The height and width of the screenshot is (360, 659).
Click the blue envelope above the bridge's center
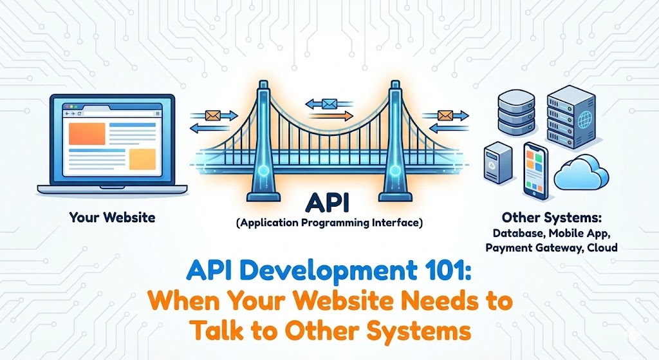[330, 102]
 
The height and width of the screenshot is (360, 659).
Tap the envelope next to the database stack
[445, 116]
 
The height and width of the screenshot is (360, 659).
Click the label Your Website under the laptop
[112, 217]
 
